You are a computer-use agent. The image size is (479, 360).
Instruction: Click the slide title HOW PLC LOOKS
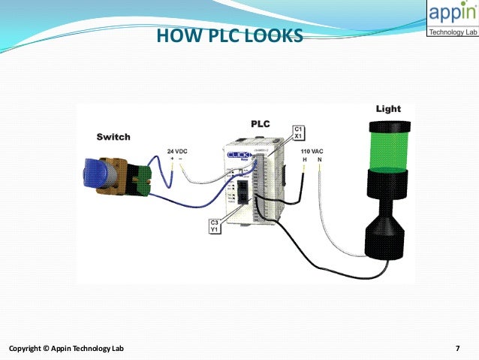tap(229, 35)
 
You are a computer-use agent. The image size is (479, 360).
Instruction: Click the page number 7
tap(457, 348)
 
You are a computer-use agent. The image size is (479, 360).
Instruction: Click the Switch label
tap(113, 137)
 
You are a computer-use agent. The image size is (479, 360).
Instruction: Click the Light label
tap(387, 109)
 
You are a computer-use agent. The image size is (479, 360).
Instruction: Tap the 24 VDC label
tap(177, 151)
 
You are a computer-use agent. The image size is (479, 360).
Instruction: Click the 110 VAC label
tap(311, 151)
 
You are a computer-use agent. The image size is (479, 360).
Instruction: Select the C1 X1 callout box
tap(297, 132)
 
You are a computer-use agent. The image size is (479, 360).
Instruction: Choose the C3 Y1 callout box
tap(215, 225)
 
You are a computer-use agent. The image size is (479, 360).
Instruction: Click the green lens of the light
tap(388, 146)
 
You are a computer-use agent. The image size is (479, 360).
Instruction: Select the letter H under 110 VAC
tap(304, 159)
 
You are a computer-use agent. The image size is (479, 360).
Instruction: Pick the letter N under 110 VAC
tap(318, 159)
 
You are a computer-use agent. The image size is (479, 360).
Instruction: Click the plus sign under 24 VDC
tap(172, 159)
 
